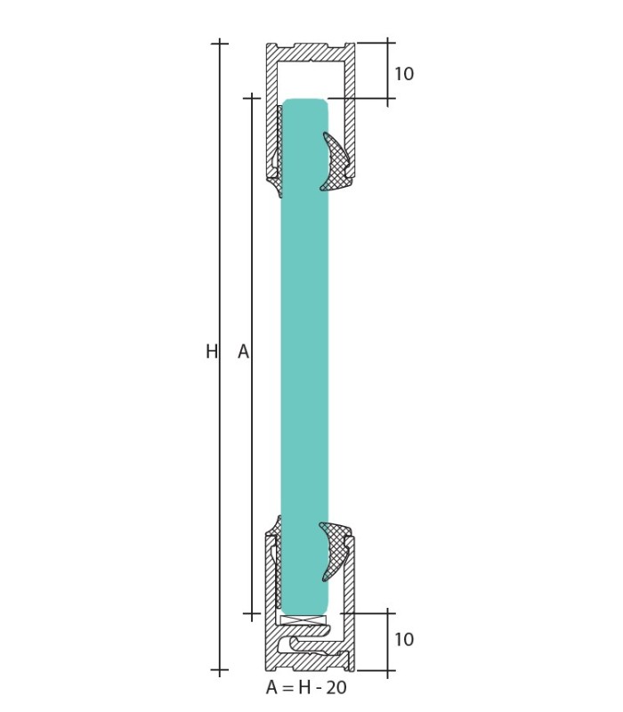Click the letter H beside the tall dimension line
click(x=212, y=351)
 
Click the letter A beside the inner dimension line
click(x=243, y=351)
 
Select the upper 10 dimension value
click(x=404, y=74)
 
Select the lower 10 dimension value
click(x=404, y=639)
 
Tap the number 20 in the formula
click(x=336, y=687)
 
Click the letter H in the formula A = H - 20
click(x=304, y=687)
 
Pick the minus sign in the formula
click(x=319, y=688)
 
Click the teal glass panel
click(x=304, y=355)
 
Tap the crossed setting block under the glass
click(x=303, y=619)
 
